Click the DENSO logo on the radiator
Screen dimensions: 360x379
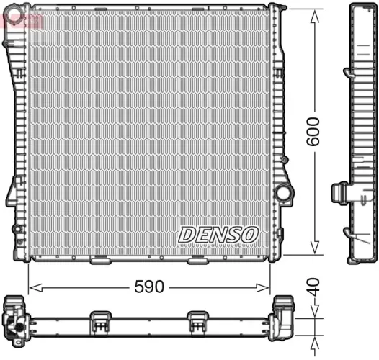pos(218,234)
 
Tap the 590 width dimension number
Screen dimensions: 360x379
pos(149,287)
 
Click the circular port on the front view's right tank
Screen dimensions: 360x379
pos(283,193)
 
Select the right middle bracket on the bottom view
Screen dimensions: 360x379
pos(197,322)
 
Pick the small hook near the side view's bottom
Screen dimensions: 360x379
pos(348,233)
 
